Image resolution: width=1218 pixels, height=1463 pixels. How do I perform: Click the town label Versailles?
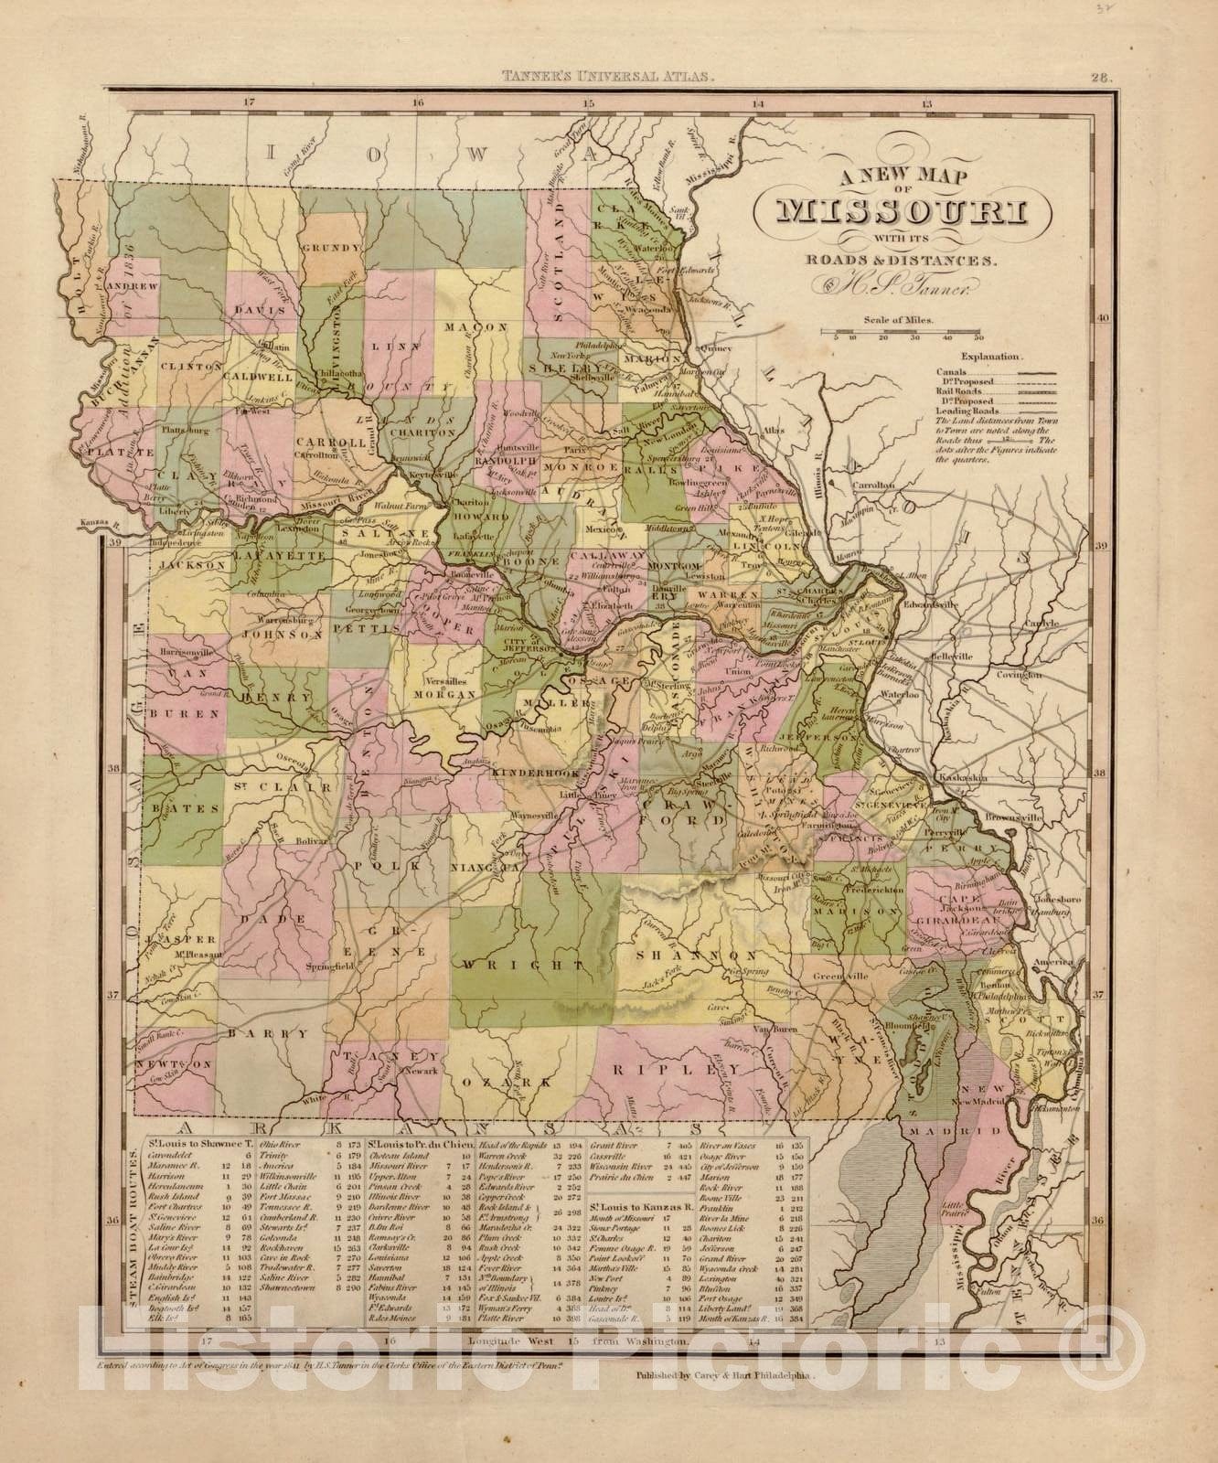pos(447,682)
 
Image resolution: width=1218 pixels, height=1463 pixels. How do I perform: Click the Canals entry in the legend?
pos(951,372)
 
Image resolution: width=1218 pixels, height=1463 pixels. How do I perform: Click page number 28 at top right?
pos(1100,79)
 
